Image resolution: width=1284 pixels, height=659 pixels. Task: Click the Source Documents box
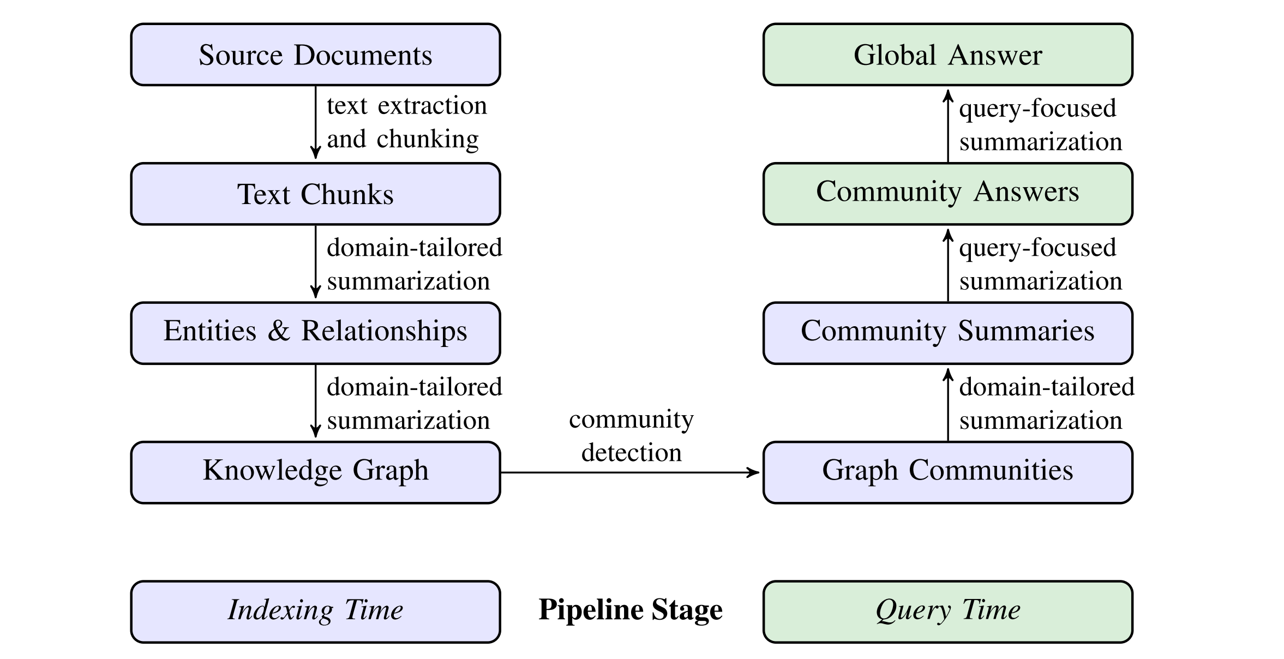pyautogui.click(x=315, y=55)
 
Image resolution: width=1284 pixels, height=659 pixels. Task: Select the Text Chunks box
pyautogui.click(x=315, y=194)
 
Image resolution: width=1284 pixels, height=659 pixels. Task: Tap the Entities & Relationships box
pyautogui.click(x=315, y=333)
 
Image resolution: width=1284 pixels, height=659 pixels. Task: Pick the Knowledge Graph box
pyautogui.click(x=315, y=472)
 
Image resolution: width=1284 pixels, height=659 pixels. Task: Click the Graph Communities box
pyautogui.click(x=947, y=472)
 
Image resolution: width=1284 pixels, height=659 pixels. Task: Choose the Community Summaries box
pyautogui.click(x=947, y=333)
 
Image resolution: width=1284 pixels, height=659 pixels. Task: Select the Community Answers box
pyautogui.click(x=947, y=194)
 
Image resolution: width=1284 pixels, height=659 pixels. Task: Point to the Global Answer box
pyautogui.click(x=947, y=55)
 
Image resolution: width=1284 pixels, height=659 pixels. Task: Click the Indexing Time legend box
pyautogui.click(x=315, y=612)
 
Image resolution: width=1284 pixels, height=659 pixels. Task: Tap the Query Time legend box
pyautogui.click(x=947, y=612)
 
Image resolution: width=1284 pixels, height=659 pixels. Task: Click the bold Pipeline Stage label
pyautogui.click(x=631, y=610)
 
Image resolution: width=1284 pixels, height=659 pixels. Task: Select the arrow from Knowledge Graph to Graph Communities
pyautogui.click(x=630, y=472)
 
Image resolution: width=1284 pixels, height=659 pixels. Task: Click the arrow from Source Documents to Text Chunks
pyautogui.click(x=315, y=123)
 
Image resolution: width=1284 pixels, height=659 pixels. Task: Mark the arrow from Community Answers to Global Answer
pyautogui.click(x=948, y=125)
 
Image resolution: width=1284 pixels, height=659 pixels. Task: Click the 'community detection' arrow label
pyautogui.click(x=631, y=436)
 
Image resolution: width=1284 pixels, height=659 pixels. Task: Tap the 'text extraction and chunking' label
pyautogui.click(x=406, y=122)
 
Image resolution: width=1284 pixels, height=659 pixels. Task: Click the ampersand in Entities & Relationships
pyautogui.click(x=279, y=331)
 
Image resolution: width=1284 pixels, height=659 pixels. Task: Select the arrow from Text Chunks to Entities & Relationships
pyautogui.click(x=315, y=262)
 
